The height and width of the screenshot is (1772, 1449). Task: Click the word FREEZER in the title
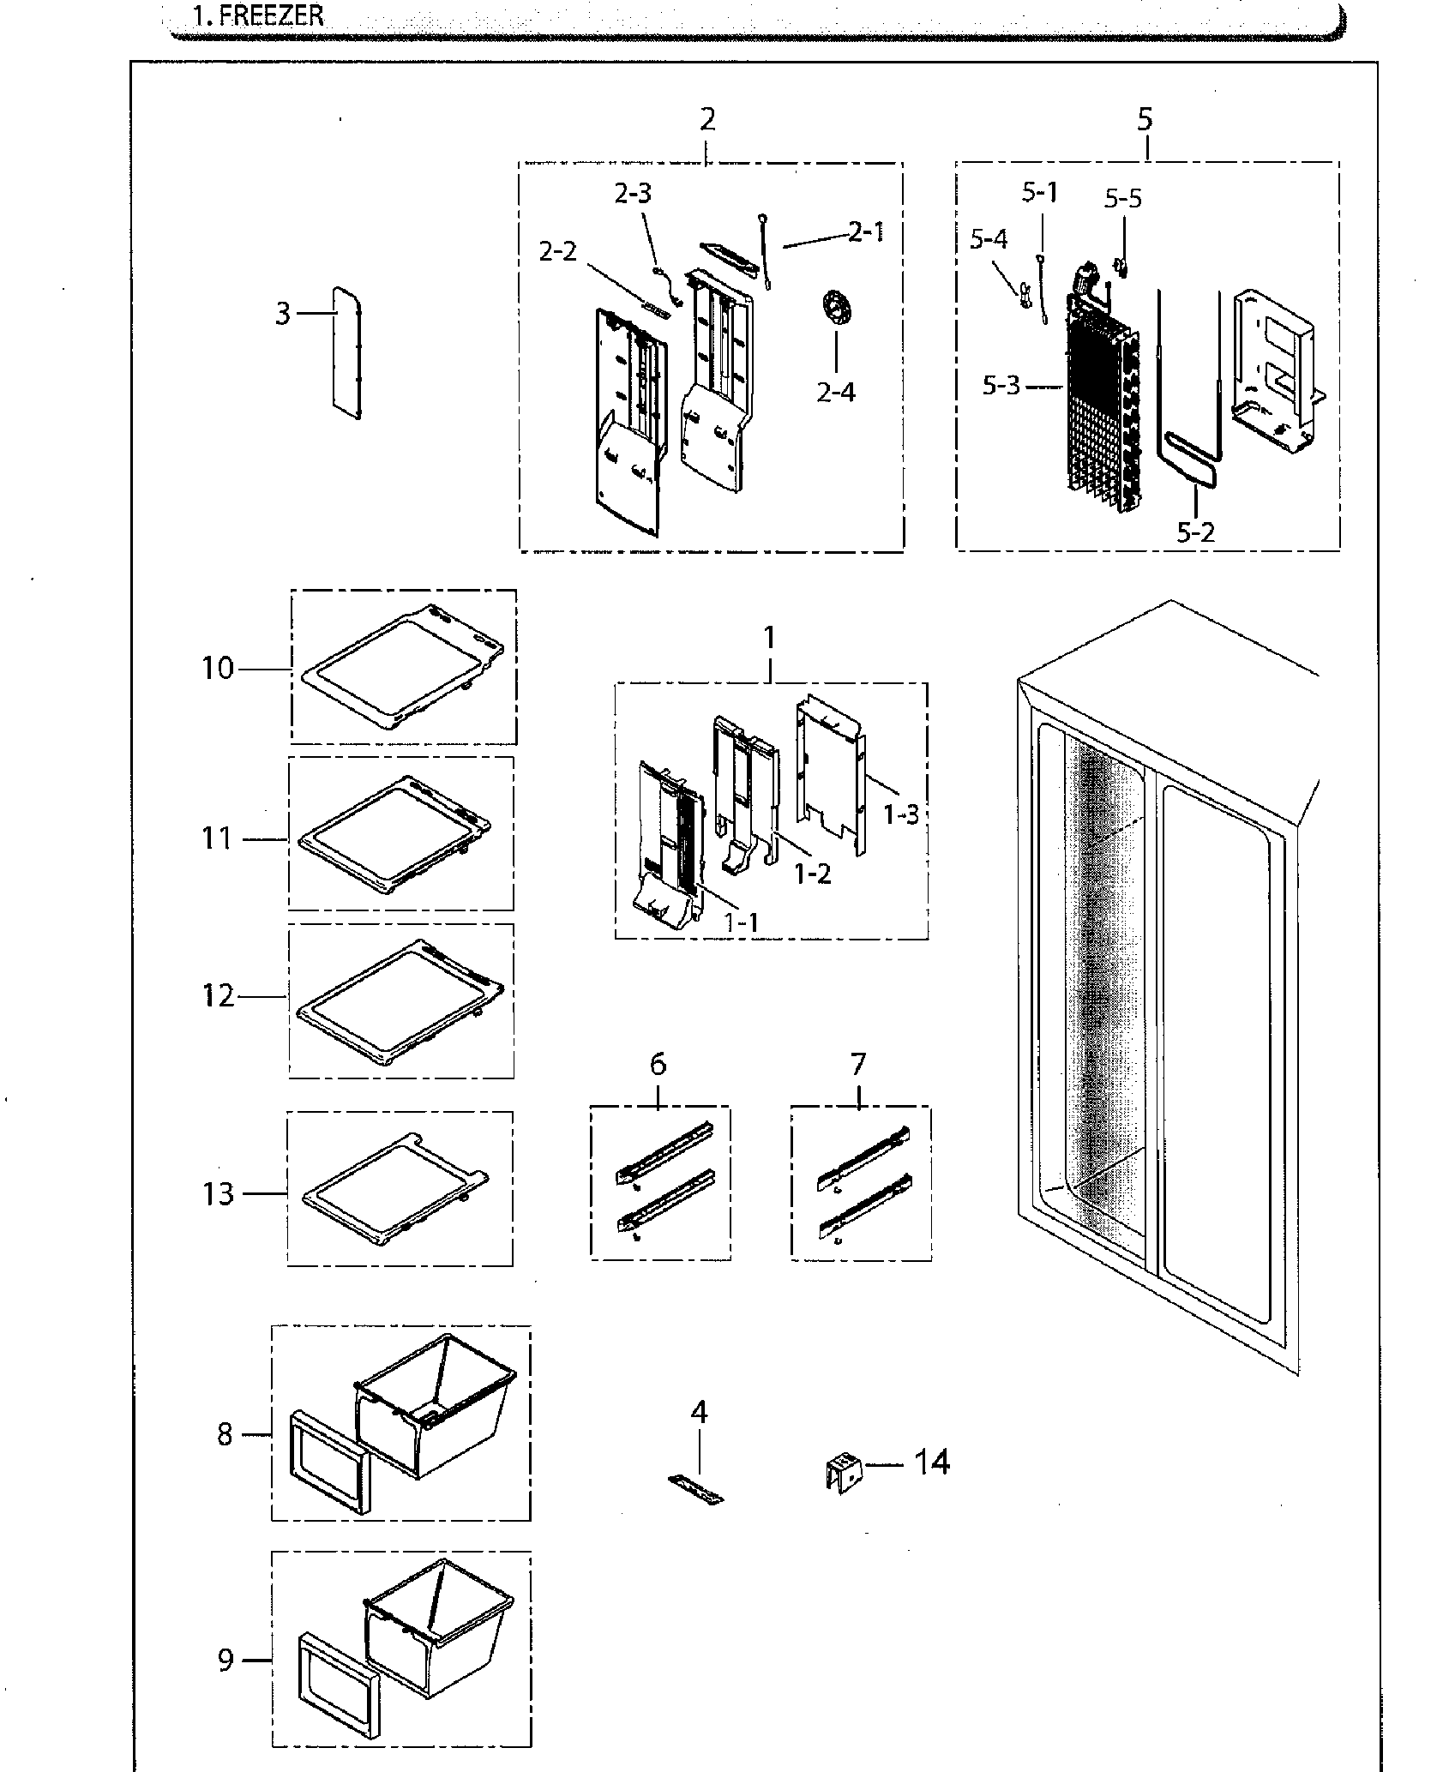click(x=272, y=15)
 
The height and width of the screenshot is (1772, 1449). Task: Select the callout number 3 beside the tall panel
click(x=283, y=315)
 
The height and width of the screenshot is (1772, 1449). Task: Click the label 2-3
click(x=633, y=194)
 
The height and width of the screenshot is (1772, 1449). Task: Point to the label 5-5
click(x=1123, y=199)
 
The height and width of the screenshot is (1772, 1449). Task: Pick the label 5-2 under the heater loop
click(x=1195, y=532)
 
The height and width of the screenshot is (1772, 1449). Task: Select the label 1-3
click(x=902, y=814)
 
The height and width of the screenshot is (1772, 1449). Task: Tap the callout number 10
click(x=218, y=668)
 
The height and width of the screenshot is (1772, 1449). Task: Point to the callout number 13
click(x=219, y=1193)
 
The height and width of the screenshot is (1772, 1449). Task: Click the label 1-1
click(x=741, y=922)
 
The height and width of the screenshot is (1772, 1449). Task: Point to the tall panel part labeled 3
click(x=345, y=353)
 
